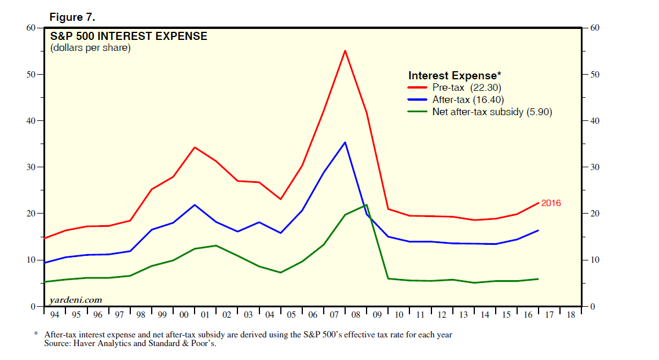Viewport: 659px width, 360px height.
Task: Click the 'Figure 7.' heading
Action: click(x=72, y=17)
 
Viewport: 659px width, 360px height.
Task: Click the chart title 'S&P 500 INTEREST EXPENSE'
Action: click(x=128, y=36)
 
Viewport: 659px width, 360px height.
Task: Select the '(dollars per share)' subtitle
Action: click(x=90, y=48)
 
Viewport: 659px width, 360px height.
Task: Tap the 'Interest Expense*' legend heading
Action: click(x=455, y=76)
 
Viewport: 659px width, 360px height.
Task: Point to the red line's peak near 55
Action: click(x=345, y=51)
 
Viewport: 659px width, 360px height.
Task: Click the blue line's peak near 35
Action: click(x=345, y=142)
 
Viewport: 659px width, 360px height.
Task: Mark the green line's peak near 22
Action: click(x=366, y=205)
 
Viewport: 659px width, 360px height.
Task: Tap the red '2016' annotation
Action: click(x=551, y=203)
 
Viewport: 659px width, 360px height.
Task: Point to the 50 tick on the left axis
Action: click(x=35, y=75)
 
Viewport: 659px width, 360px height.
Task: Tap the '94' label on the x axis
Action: click(x=54, y=315)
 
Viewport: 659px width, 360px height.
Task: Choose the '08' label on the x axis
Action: click(x=356, y=315)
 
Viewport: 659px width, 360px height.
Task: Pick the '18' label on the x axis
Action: click(x=570, y=315)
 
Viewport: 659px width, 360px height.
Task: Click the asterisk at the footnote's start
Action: click(x=36, y=335)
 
